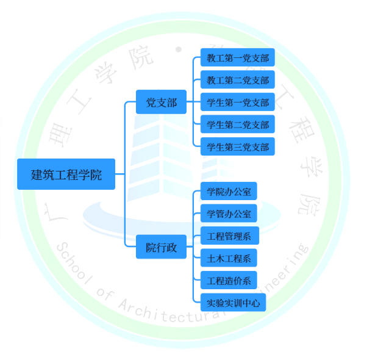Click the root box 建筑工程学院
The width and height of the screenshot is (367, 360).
coord(66,174)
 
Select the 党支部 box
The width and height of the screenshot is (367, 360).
coord(161,103)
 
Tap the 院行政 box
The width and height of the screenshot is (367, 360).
coord(161,247)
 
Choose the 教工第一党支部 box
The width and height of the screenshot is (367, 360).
coord(238,59)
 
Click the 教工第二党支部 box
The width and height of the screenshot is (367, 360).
coord(238,81)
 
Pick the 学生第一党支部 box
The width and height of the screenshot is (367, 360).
coord(238,103)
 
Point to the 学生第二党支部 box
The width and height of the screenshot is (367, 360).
coord(238,125)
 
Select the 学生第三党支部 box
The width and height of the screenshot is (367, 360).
coord(238,147)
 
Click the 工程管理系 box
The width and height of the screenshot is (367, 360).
coord(229,236)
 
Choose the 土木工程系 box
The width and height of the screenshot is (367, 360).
coord(229,258)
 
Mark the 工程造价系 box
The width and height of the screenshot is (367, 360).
coord(229,281)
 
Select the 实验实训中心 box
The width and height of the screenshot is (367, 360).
coord(233,303)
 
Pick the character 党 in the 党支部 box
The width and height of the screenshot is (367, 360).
coord(151,103)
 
